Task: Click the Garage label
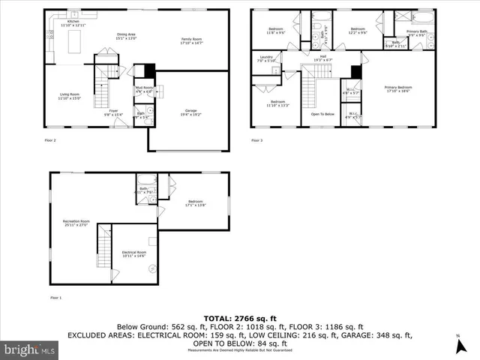[x=190, y=112]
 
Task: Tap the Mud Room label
[x=143, y=88]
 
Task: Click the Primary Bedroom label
[x=398, y=88]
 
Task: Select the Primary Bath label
[x=417, y=32]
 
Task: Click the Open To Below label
[x=322, y=114]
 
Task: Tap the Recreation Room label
[x=76, y=223]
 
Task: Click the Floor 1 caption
[x=55, y=298]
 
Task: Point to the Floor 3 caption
[x=257, y=141]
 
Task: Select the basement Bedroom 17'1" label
[x=196, y=203]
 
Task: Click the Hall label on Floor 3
[x=322, y=58]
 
